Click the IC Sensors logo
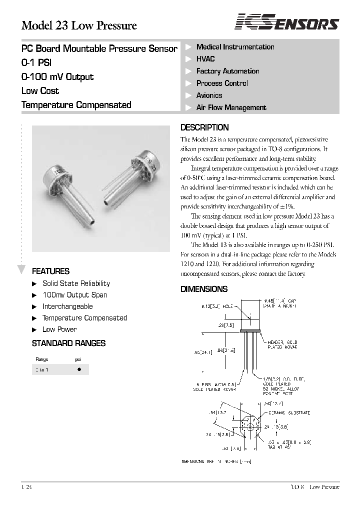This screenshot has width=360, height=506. [x=287, y=23]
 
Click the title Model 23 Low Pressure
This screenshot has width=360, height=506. [x=79, y=25]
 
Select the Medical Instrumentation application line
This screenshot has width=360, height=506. [x=235, y=47]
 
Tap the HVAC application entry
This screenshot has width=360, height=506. [x=205, y=59]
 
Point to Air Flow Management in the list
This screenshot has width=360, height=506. [x=231, y=107]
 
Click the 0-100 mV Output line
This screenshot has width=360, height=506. [x=57, y=77]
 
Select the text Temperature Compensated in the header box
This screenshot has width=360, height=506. [x=76, y=105]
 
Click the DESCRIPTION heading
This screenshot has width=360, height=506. [x=204, y=127]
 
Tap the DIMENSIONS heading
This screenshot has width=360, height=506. [x=204, y=289]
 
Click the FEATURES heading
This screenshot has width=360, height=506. [x=50, y=271]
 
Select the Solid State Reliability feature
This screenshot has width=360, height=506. [x=76, y=283]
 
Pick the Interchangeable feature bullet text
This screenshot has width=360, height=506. [x=67, y=306]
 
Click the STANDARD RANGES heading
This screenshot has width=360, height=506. [x=68, y=343]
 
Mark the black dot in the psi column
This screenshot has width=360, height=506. [x=78, y=370]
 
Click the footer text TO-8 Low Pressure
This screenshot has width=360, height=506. [x=314, y=487]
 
